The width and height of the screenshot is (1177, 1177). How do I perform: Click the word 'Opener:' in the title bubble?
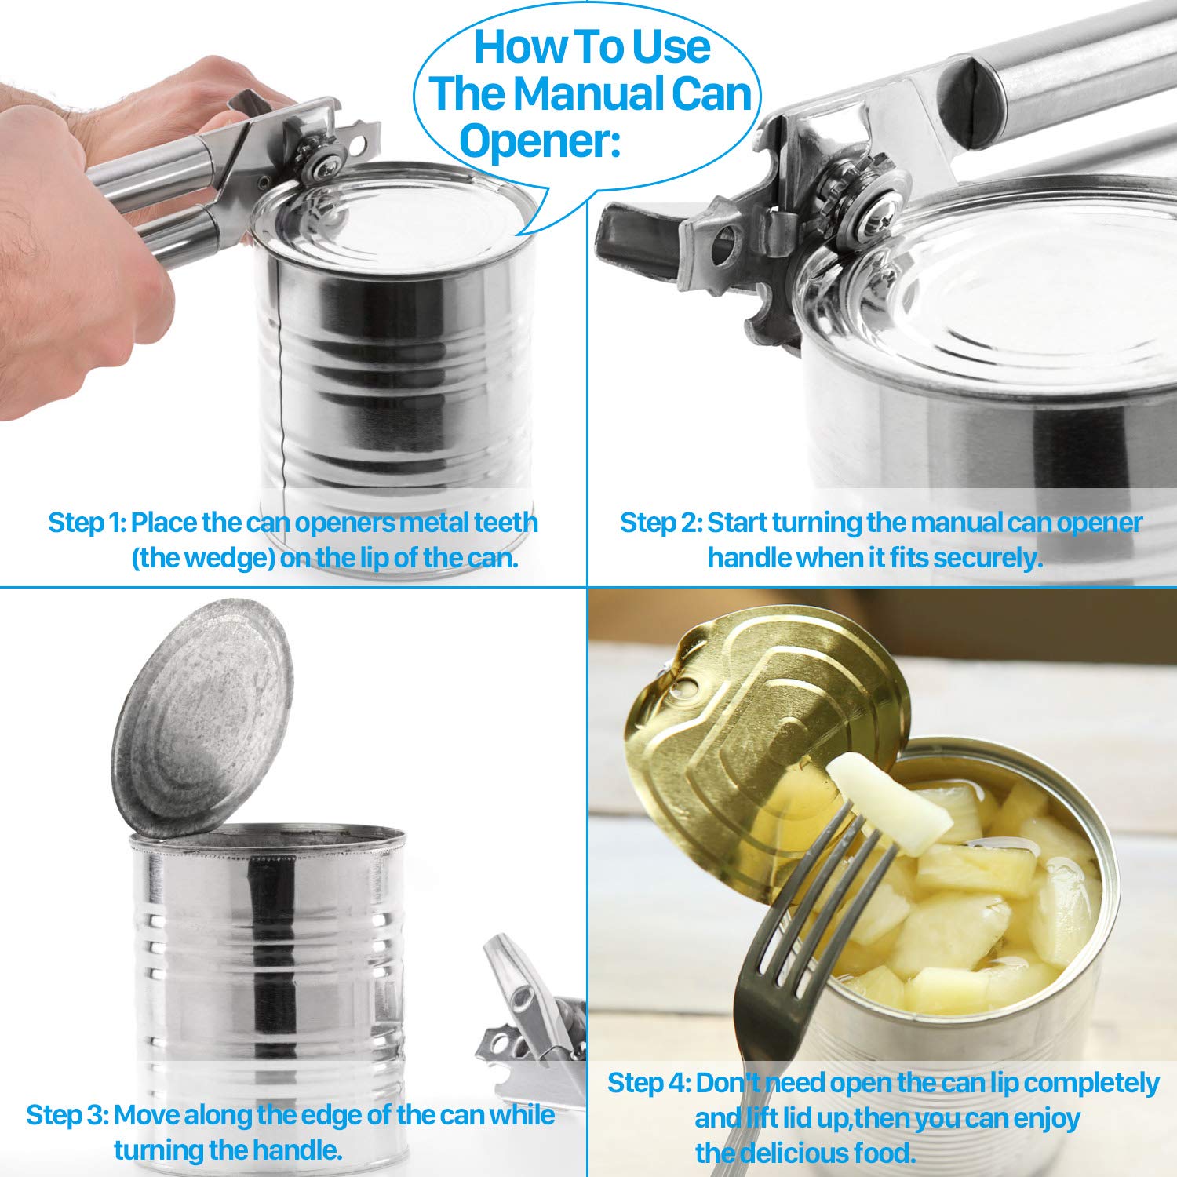click(540, 141)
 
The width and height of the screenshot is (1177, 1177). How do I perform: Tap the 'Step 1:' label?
click(86, 522)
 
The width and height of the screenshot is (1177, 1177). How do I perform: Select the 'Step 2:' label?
click(661, 522)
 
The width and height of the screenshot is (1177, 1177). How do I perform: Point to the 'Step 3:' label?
click(67, 1114)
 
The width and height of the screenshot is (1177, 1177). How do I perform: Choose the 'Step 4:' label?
click(649, 1083)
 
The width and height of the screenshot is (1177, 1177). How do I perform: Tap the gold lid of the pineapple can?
click(765, 734)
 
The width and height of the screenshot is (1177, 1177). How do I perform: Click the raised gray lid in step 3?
click(202, 718)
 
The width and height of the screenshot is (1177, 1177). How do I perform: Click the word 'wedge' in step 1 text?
click(206, 559)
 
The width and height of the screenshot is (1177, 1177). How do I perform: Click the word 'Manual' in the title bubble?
click(576, 93)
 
